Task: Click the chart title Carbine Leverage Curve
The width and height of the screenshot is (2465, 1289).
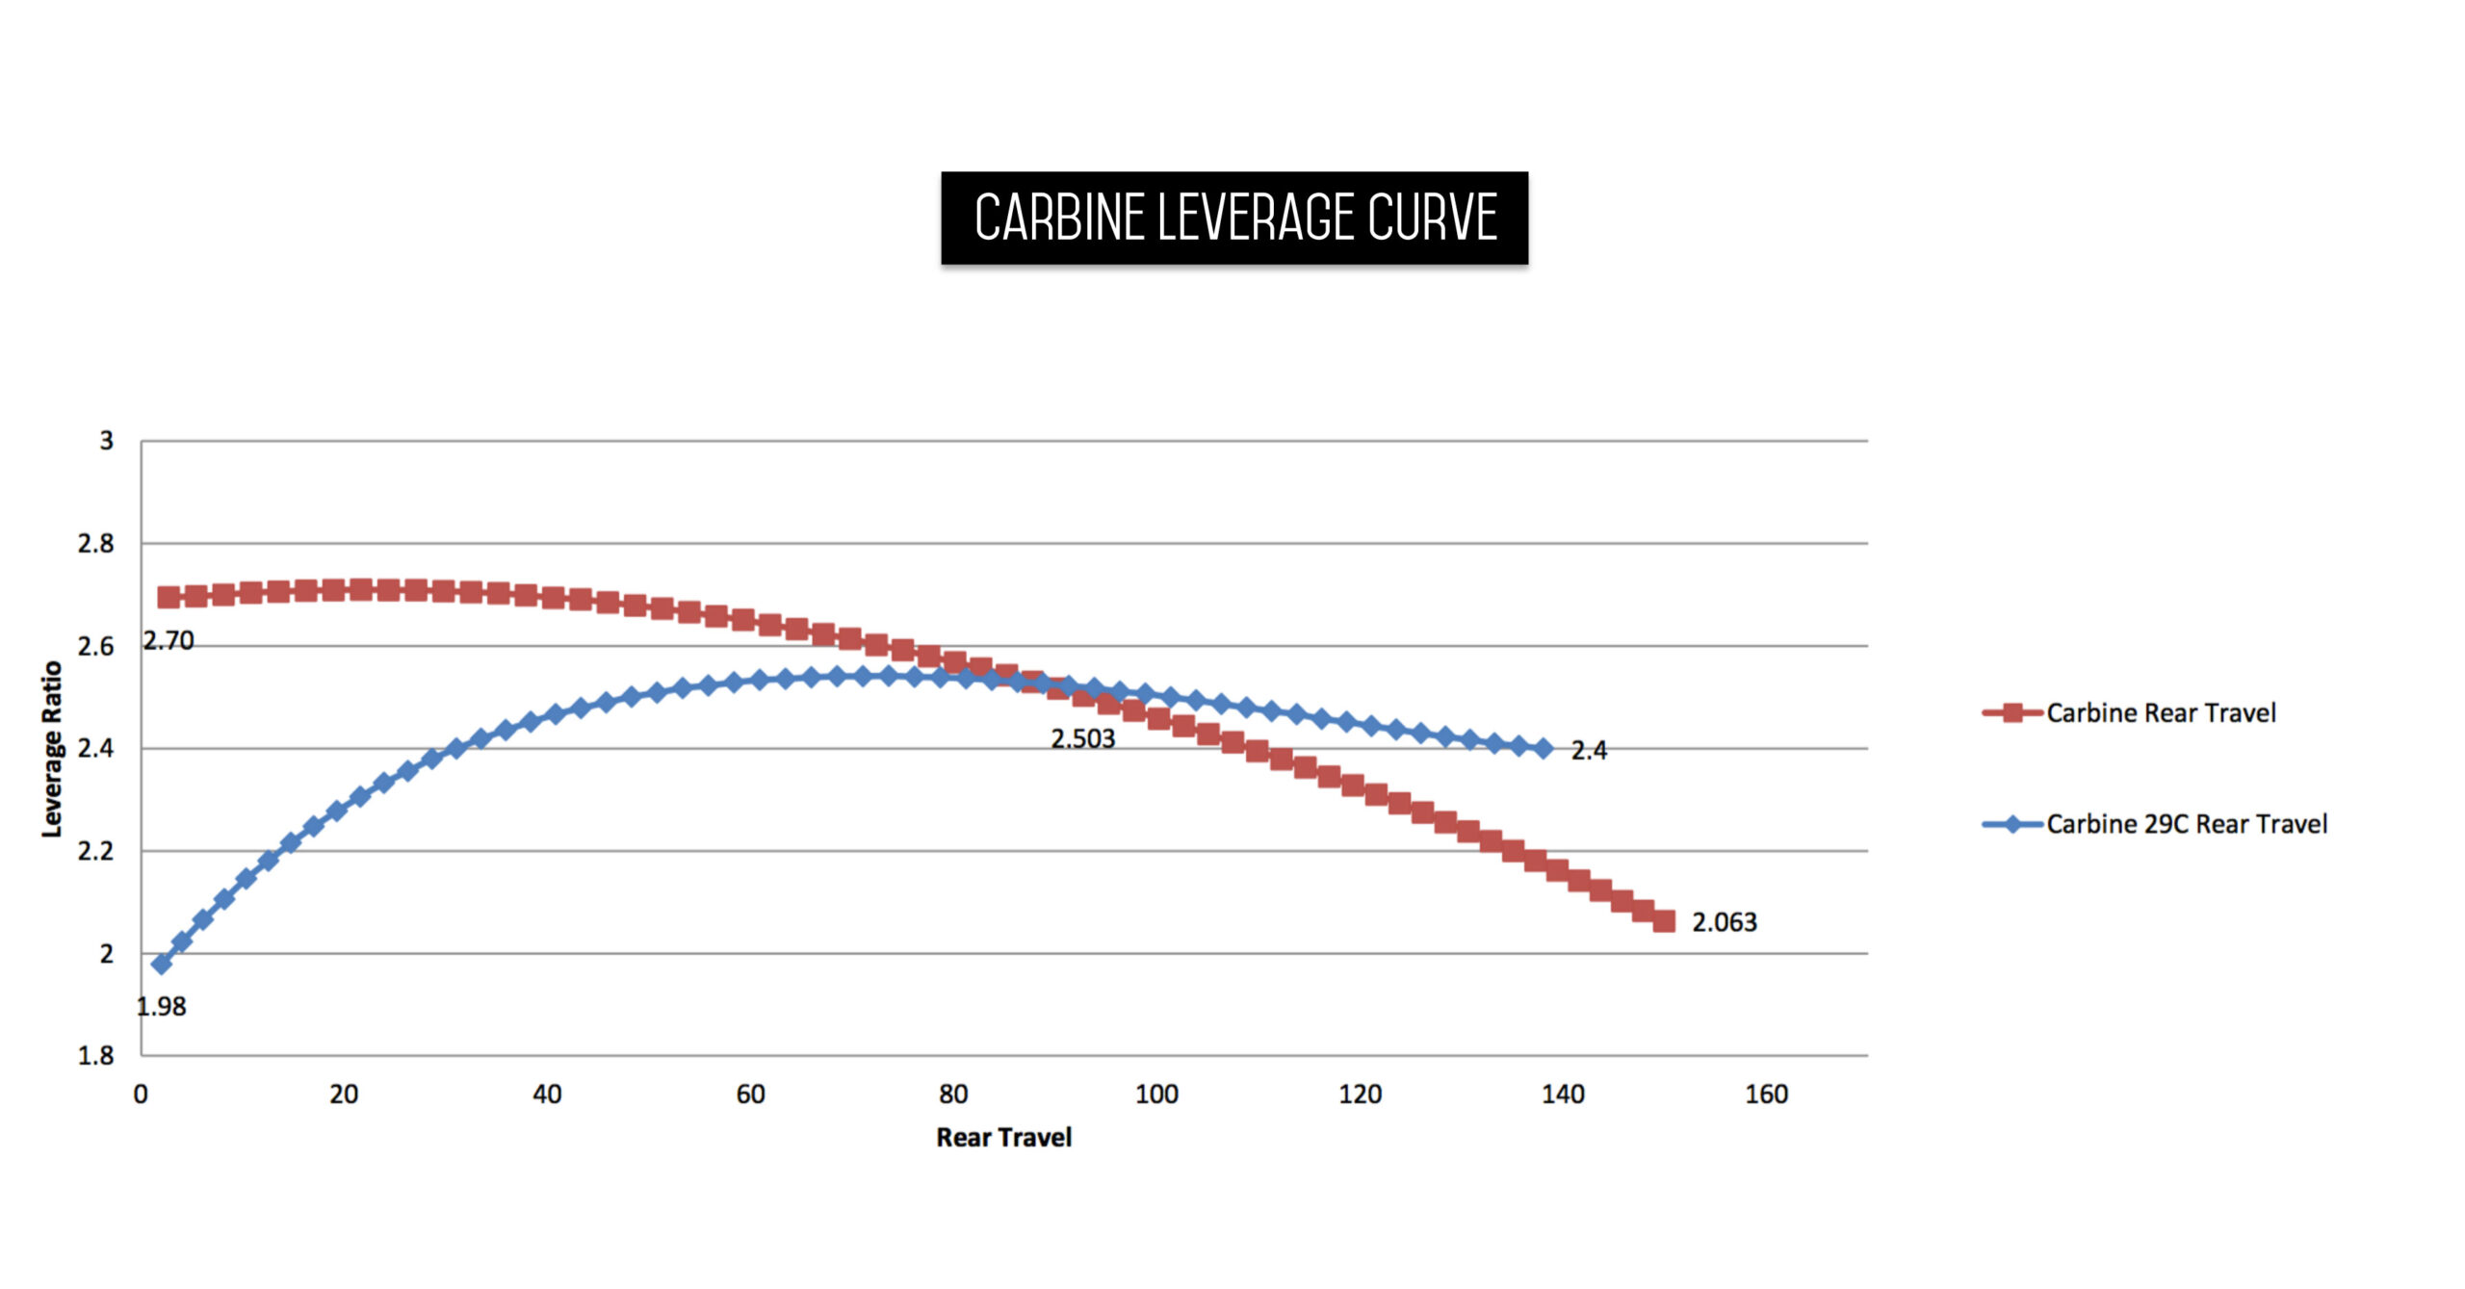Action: pyautogui.click(x=1234, y=218)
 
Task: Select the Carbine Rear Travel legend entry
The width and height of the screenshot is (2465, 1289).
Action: pyautogui.click(x=2160, y=713)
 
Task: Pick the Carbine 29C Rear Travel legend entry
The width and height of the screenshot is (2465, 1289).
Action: pyautogui.click(x=2186, y=824)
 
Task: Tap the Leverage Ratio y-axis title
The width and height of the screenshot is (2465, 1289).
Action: pyautogui.click(x=52, y=749)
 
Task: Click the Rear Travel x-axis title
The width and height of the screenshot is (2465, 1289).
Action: pyautogui.click(x=1003, y=1137)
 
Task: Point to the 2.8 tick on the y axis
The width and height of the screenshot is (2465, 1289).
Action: pyautogui.click(x=95, y=544)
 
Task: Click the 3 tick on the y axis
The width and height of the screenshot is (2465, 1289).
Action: pyautogui.click(x=106, y=441)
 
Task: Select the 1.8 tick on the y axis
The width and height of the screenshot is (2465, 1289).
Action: pyautogui.click(x=95, y=1056)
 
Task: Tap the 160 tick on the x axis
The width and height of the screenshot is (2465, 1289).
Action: pyautogui.click(x=1766, y=1095)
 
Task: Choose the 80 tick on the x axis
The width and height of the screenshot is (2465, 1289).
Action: pyautogui.click(x=953, y=1095)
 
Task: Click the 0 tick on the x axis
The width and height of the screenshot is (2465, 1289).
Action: pyautogui.click(x=141, y=1095)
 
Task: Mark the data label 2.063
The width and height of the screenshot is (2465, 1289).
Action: pyautogui.click(x=1724, y=922)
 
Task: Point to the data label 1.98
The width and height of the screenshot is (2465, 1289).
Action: pyautogui.click(x=161, y=1007)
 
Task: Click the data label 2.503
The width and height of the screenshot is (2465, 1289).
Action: pyautogui.click(x=1082, y=738)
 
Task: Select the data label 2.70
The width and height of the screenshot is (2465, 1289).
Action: pyautogui.click(x=169, y=641)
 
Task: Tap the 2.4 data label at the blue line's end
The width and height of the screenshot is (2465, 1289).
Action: pyautogui.click(x=1589, y=750)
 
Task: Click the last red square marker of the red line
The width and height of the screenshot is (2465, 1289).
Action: pyautogui.click(x=1664, y=921)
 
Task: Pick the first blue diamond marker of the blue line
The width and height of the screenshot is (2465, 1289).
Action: pyautogui.click(x=162, y=963)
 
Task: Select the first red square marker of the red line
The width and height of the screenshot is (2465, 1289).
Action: pyautogui.click(x=169, y=597)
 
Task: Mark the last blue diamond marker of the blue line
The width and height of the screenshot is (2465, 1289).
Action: pyautogui.click(x=1544, y=748)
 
